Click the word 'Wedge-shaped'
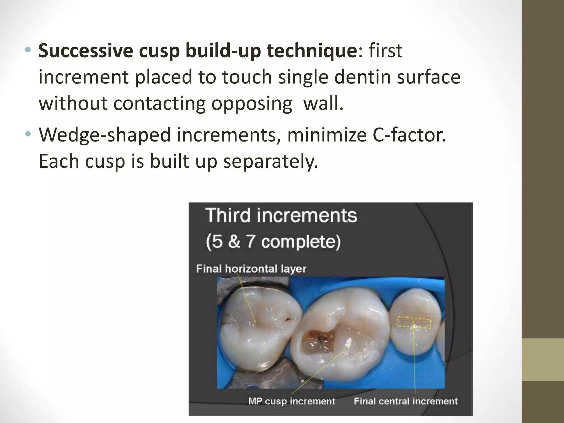point(104,135)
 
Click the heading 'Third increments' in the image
point(281,215)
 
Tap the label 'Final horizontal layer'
point(251,269)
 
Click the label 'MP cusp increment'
point(292,401)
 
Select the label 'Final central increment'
point(405,401)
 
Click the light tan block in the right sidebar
point(543,359)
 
